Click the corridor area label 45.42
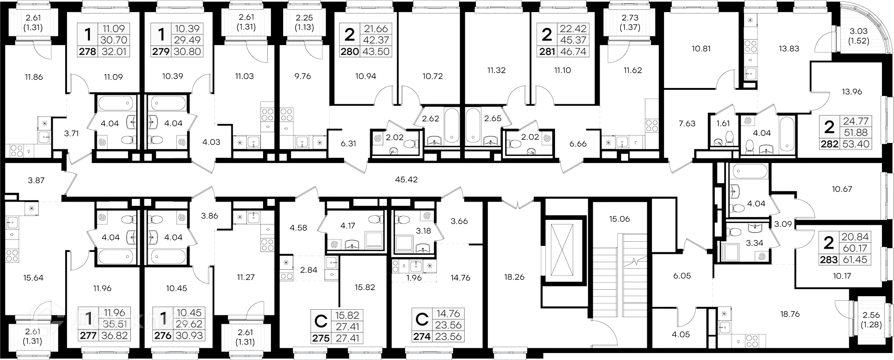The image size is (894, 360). pos(406,179)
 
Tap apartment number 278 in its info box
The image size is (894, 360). pos(87,52)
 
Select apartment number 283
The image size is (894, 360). pos(829,259)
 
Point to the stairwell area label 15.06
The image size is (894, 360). pos(619,219)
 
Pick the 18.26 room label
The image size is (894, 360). pos(514,277)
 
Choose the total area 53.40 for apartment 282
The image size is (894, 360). pos(856,144)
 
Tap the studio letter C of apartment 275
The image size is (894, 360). pos(321,321)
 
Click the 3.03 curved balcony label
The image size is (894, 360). pos(858,31)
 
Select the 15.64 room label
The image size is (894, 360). pos(33,278)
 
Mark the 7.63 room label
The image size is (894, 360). pos(687,123)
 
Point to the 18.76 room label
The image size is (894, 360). pos(790,314)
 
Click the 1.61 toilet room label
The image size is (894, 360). pos(723,123)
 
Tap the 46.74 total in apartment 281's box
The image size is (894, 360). pos(573,52)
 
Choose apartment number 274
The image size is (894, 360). pos(422,336)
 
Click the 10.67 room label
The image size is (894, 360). pos(842,190)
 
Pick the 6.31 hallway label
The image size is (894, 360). pos(348,144)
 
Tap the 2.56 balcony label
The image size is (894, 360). pos(871,315)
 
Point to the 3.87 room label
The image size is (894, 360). pos(36,181)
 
